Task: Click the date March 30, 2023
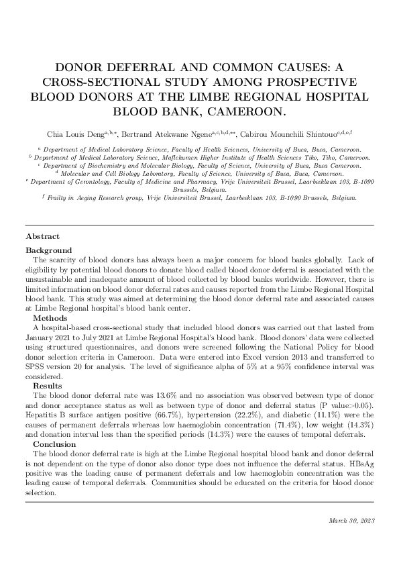(351, 520)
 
